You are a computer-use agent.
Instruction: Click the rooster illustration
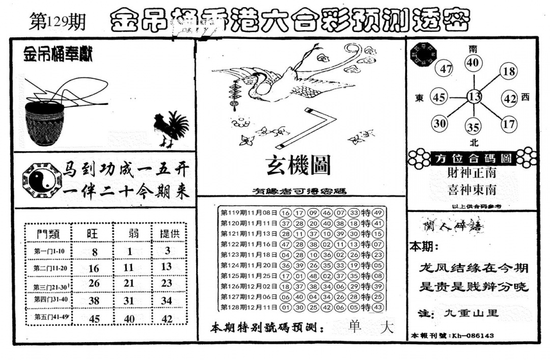pos(171,129)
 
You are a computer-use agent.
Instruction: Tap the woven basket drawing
pos(45,122)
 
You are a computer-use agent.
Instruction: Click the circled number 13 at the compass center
pos(475,97)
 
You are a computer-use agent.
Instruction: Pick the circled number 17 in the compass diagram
pos(508,123)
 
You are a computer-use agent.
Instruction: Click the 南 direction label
pos(473,49)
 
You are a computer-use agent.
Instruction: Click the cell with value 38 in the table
pos(93,300)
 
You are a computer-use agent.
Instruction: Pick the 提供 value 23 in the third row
pos(167,283)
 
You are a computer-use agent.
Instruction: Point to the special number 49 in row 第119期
pos(377,213)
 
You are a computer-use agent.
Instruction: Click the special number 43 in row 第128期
pos(377,308)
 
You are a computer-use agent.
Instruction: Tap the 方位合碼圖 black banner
pos(473,158)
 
